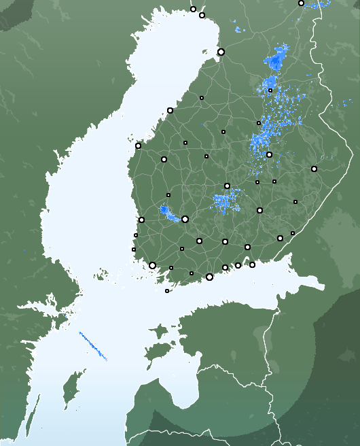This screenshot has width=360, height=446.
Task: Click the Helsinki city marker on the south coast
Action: click(x=209, y=277)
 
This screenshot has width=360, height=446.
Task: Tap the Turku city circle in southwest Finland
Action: click(x=152, y=265)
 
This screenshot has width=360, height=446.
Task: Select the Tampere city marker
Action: click(x=185, y=219)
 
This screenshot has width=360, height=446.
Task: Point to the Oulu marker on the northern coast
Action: click(x=221, y=52)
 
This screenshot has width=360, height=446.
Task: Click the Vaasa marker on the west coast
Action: click(x=138, y=145)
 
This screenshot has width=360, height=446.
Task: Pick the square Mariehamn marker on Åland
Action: click(x=167, y=291)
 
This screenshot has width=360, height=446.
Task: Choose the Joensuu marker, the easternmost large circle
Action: click(x=314, y=169)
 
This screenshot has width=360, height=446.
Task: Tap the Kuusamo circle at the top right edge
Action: click(x=301, y=3)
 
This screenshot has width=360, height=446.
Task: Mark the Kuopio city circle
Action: click(x=269, y=154)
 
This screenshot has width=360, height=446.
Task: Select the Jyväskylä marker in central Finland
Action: click(x=227, y=186)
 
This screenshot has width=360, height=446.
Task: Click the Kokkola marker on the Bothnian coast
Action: click(x=170, y=110)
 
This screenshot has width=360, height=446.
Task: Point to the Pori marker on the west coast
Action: click(x=141, y=220)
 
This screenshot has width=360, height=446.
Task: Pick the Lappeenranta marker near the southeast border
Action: click(x=280, y=238)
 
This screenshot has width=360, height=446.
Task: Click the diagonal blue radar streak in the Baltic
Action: click(x=93, y=346)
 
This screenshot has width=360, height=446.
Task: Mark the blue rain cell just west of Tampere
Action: click(x=167, y=212)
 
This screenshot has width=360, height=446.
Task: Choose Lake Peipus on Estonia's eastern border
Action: click(x=262, y=337)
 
